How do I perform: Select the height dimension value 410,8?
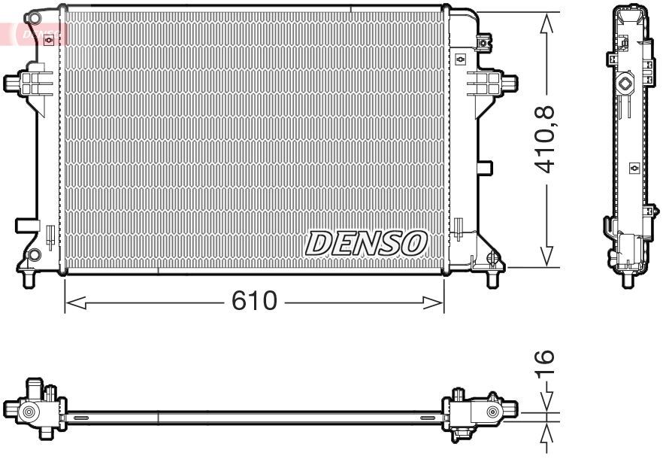point(546,139)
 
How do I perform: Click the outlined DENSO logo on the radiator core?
point(366,243)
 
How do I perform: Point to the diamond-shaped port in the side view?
point(623,83)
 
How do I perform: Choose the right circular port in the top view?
point(492,412)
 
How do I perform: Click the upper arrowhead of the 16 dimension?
point(547,403)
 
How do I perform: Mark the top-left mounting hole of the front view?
point(33,17)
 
